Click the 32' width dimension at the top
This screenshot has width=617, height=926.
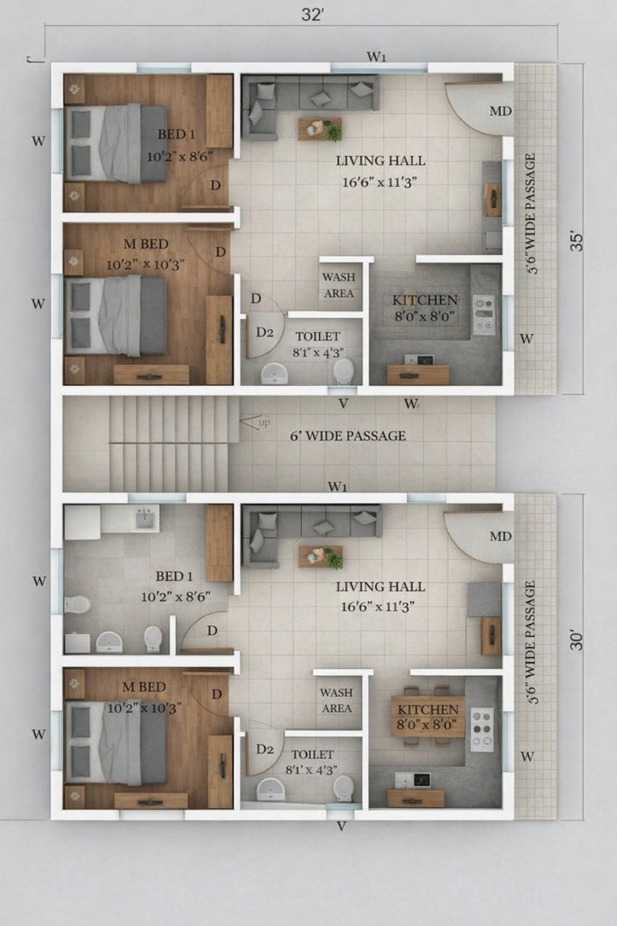(312, 15)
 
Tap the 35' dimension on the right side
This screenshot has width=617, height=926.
(577, 242)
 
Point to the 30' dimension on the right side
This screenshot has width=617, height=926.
(577, 640)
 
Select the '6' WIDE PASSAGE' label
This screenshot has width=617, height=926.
(348, 436)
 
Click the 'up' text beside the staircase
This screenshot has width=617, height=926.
(265, 423)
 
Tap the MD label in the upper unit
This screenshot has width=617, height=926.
(501, 111)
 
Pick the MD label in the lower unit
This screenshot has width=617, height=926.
(501, 537)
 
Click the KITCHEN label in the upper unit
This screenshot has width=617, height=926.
(425, 300)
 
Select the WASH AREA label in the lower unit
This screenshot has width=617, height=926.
(337, 701)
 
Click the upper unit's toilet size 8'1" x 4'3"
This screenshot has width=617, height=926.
(318, 353)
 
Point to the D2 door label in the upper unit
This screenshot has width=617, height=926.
(265, 332)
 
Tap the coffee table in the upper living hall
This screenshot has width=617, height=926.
(321, 129)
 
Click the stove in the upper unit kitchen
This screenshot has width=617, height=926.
(483, 315)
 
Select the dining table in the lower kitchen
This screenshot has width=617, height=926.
(428, 716)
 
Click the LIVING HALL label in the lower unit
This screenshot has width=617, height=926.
(380, 587)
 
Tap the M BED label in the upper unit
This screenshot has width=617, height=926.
(146, 244)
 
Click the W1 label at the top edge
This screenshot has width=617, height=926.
(376, 57)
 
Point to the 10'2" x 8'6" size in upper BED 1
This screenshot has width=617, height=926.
(180, 157)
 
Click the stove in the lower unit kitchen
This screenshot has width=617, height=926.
(482, 729)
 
